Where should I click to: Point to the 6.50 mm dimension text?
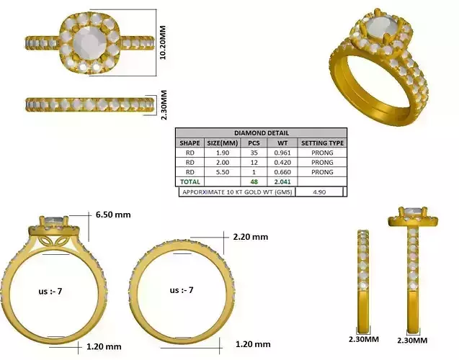click(114, 215)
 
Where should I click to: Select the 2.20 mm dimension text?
click(250, 236)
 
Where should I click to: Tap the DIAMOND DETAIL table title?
click(261, 133)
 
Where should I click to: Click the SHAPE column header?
click(190, 143)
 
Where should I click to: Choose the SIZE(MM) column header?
click(218, 143)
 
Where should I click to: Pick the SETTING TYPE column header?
click(322, 143)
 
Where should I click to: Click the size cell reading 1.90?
click(218, 153)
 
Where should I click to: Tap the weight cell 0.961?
click(282, 153)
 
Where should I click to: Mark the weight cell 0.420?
click(282, 163)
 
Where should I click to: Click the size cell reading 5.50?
click(218, 172)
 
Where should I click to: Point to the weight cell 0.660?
click(282, 172)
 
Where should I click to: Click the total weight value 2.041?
click(282, 182)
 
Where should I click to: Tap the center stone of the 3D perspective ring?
click(380, 30)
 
